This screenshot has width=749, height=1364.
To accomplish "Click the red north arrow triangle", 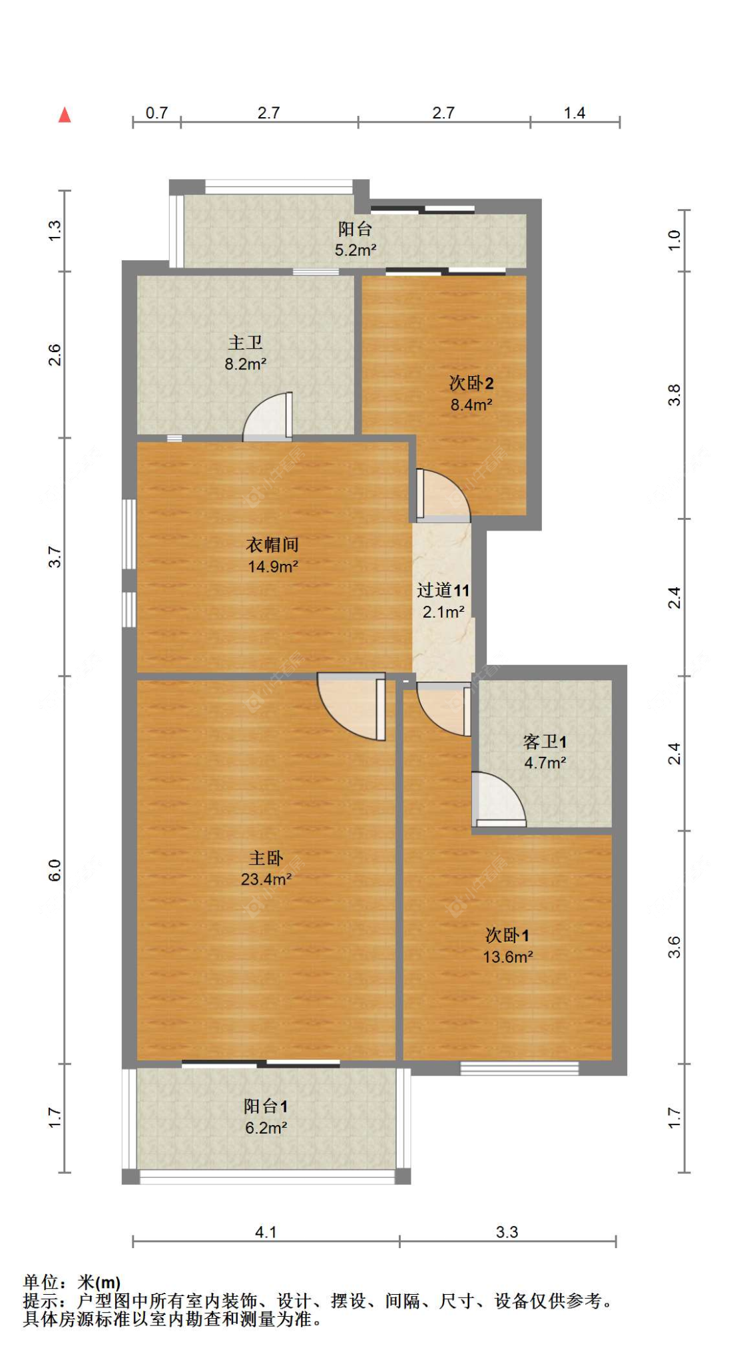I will (65, 115).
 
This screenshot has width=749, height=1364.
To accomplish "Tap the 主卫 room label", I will (245, 343).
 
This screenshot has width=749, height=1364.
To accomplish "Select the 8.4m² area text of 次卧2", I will (471, 405).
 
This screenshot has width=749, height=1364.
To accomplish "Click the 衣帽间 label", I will (272, 545).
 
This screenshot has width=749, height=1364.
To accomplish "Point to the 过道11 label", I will (443, 590).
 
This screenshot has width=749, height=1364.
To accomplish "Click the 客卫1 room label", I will (545, 742).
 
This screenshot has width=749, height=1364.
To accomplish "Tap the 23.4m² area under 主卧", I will (266, 879).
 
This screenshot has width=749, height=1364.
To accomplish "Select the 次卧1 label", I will (507, 935).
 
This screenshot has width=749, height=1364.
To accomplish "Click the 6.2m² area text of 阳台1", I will (266, 1128).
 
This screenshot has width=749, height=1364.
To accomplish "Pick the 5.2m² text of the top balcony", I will (355, 251).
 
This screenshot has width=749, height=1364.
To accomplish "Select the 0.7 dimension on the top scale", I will (156, 113).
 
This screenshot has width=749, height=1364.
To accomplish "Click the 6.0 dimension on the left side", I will (55, 870).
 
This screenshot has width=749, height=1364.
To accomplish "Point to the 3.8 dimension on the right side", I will (674, 395).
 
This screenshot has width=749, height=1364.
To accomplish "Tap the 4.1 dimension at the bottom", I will (266, 1232).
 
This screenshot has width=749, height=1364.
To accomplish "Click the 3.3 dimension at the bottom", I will (507, 1232).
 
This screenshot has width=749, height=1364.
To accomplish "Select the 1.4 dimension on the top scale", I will (575, 113).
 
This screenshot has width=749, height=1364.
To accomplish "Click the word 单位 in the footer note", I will (41, 1282).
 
